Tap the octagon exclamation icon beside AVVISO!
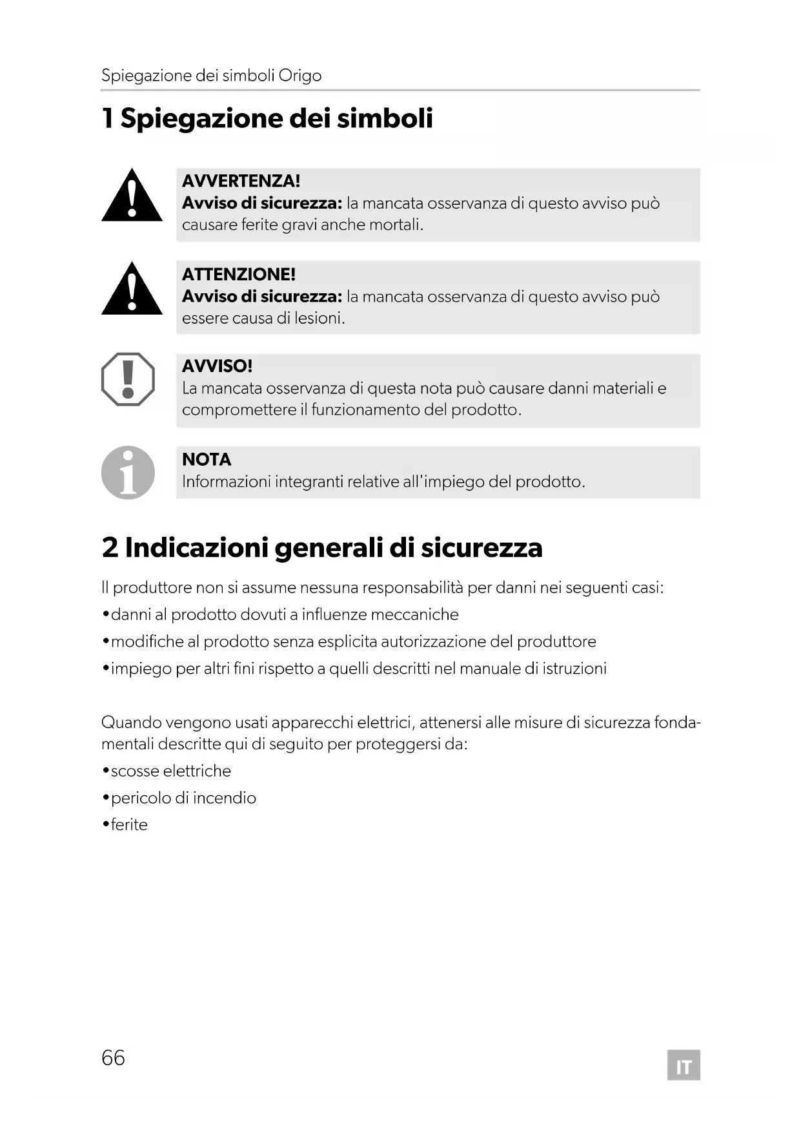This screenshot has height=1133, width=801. pos(128,379)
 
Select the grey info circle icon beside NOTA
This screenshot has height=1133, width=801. pos(128,472)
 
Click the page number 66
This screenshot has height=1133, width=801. pos(113,1057)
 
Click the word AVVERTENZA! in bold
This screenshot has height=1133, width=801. pos(241,181)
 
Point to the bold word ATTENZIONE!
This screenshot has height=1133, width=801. pos(239,275)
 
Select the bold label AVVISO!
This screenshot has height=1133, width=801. pos(217,366)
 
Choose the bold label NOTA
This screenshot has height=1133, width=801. pos(207,459)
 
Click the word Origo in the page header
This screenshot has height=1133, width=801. pos(300,76)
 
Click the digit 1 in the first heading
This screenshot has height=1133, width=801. pos(108,118)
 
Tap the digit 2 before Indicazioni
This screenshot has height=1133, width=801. pos(110,548)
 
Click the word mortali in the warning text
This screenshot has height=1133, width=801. pos(395,225)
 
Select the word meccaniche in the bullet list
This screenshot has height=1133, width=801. pos(414,614)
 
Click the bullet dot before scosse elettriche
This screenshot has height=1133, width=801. pos(105,771)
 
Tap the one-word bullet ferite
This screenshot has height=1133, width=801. pos(129,825)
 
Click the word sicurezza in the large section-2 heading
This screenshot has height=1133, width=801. pos(482,548)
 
